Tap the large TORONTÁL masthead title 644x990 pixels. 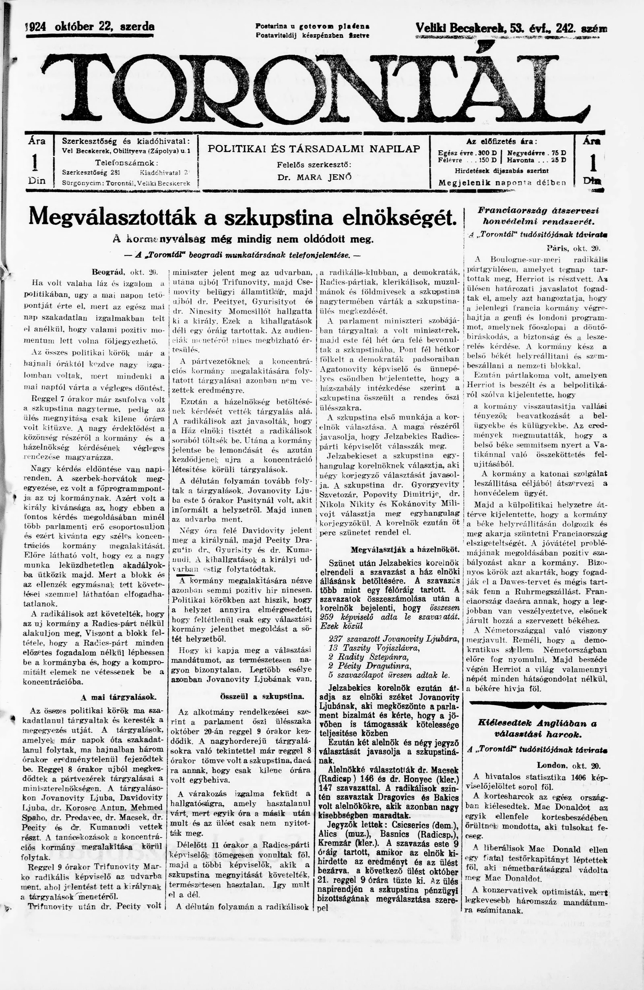(316, 85)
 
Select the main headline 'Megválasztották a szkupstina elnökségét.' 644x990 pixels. (240, 217)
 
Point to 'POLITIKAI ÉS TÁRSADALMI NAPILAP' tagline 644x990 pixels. (314, 149)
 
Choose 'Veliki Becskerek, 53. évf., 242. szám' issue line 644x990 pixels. (510, 28)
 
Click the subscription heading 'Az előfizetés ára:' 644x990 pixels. (502, 141)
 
